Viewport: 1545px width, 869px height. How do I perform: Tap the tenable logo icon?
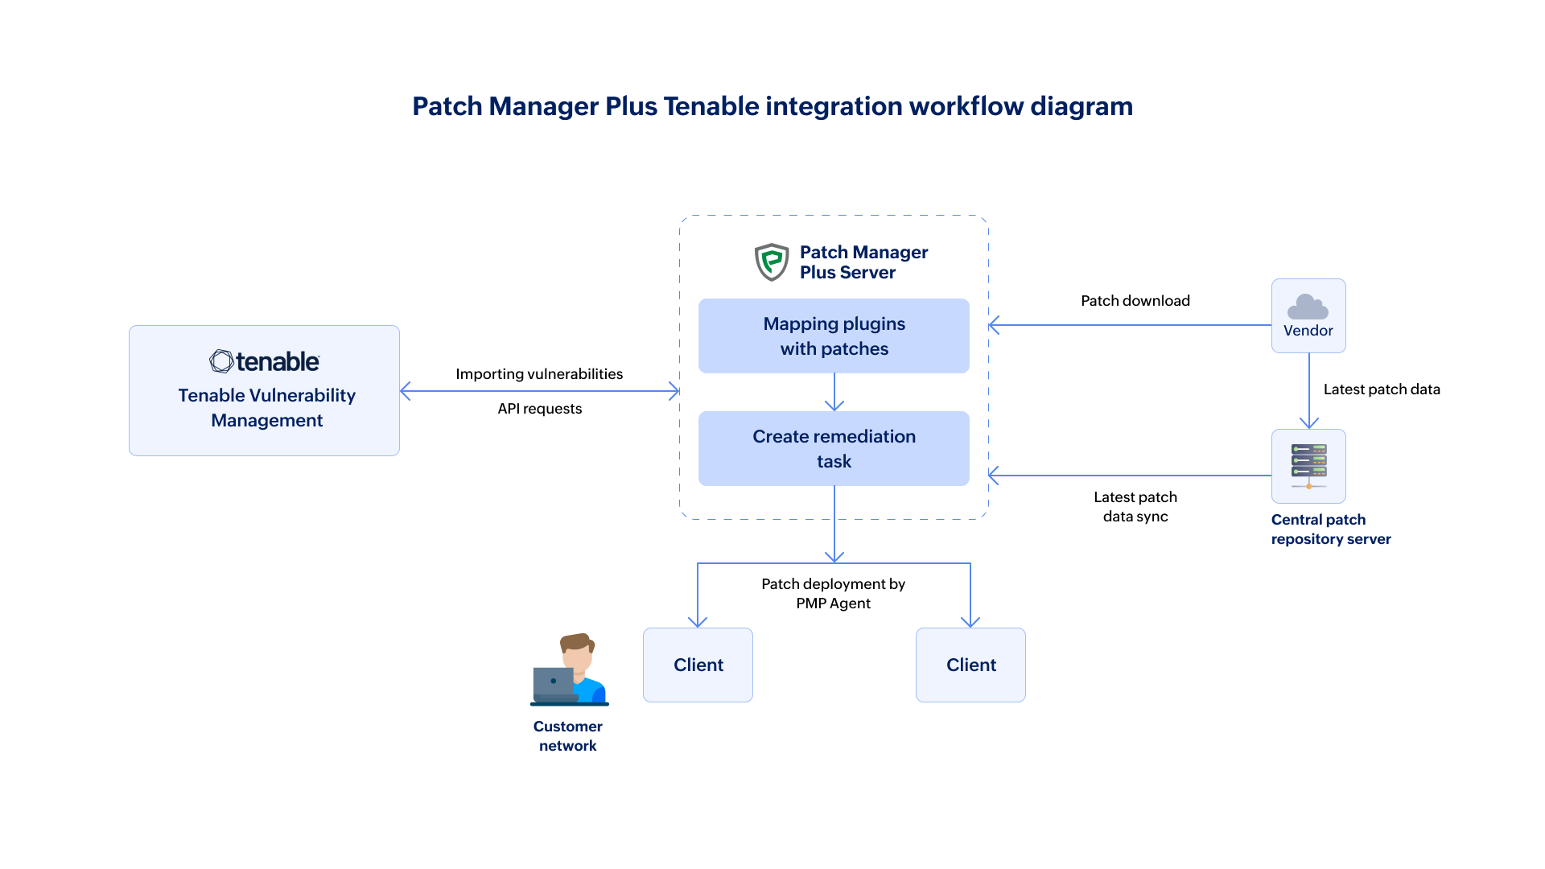221,361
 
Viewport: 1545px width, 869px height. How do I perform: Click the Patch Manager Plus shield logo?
772,262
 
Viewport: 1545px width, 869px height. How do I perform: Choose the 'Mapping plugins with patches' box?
834,336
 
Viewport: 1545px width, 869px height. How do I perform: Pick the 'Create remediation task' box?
834,449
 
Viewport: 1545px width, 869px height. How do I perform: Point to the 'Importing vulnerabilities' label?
539,374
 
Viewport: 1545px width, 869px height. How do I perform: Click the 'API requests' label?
539,409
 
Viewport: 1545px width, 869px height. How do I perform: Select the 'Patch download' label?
1135,301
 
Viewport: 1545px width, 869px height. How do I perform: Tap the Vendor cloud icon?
1308,307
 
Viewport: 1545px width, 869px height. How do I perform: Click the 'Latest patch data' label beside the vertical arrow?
1381,389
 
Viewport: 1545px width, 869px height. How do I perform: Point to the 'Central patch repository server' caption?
1330,529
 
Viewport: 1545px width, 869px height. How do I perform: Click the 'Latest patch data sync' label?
1135,507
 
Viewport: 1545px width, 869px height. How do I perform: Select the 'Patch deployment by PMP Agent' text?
833,594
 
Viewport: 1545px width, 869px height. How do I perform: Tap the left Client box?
698,665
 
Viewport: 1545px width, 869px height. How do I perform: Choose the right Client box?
970,665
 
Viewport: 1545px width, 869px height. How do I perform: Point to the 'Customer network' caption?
567,736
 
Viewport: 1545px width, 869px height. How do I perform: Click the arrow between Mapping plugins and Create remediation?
834,393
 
